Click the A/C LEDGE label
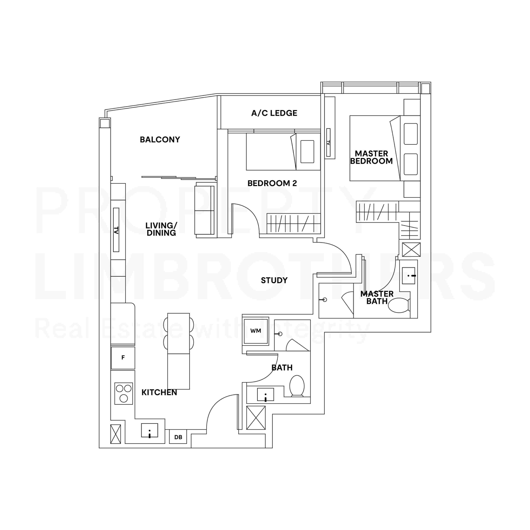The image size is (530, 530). point(274,113)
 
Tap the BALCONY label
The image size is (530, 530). point(160,140)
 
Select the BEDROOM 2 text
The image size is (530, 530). point(272,183)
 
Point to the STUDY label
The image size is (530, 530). point(274,280)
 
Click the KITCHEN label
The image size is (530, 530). point(159,393)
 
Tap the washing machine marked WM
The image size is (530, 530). point(256,331)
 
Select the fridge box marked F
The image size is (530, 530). point(123,358)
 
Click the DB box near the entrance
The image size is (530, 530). point(178,437)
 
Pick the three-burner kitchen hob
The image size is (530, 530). point(123,393)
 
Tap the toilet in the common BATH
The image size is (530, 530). point(297,386)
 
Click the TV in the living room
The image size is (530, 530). point(116,230)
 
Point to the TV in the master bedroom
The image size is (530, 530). point(328,142)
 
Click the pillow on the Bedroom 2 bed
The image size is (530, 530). point(307,152)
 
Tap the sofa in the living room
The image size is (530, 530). point(204,210)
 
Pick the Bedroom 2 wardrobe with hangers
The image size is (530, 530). point(294,223)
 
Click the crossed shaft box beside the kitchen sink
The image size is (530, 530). point(116,434)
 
